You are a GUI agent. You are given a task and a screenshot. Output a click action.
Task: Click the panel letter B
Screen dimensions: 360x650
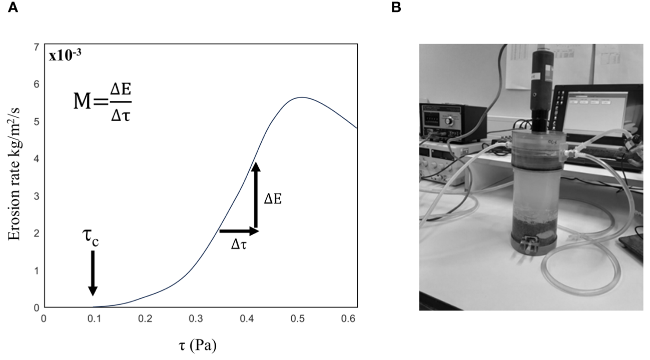pyautogui.click(x=396, y=8)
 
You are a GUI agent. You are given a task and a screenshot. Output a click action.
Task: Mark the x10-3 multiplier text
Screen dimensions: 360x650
pyautogui.click(x=65, y=55)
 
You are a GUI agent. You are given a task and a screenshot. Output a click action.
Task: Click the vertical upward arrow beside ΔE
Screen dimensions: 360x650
pyautogui.click(x=256, y=195)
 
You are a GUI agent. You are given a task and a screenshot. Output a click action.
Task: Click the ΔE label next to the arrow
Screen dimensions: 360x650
pyautogui.click(x=273, y=199)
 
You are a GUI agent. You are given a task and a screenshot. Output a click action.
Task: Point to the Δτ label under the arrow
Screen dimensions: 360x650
pyautogui.click(x=239, y=245)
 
